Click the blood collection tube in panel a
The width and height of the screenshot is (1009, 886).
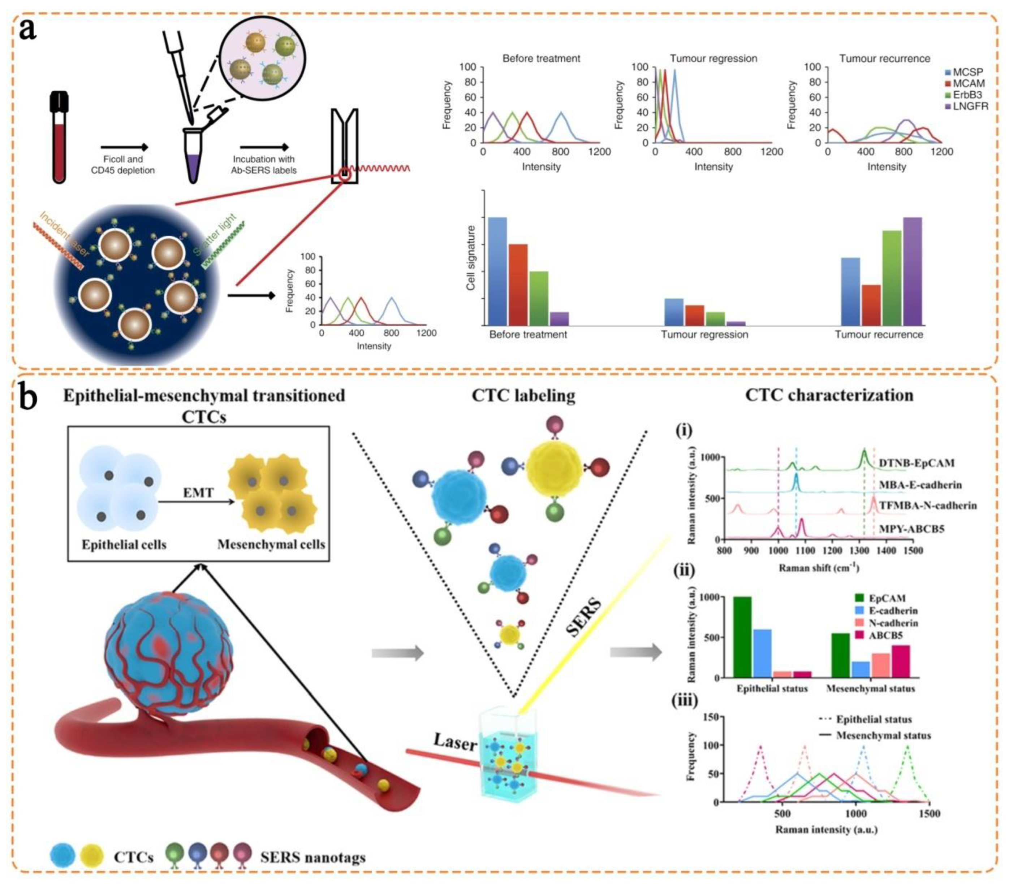click(x=59, y=138)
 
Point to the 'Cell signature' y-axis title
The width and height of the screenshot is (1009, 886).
click(x=471, y=258)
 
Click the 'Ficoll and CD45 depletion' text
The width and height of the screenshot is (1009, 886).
click(x=123, y=165)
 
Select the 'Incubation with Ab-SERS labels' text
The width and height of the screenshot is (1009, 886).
click(x=264, y=165)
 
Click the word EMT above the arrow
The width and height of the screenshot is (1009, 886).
click(x=198, y=492)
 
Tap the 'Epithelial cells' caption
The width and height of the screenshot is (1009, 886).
click(x=124, y=544)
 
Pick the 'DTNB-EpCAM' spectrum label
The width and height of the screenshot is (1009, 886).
click(x=917, y=463)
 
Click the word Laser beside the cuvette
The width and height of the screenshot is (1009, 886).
click(x=455, y=742)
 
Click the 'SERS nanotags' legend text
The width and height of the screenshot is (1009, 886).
click(x=313, y=857)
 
